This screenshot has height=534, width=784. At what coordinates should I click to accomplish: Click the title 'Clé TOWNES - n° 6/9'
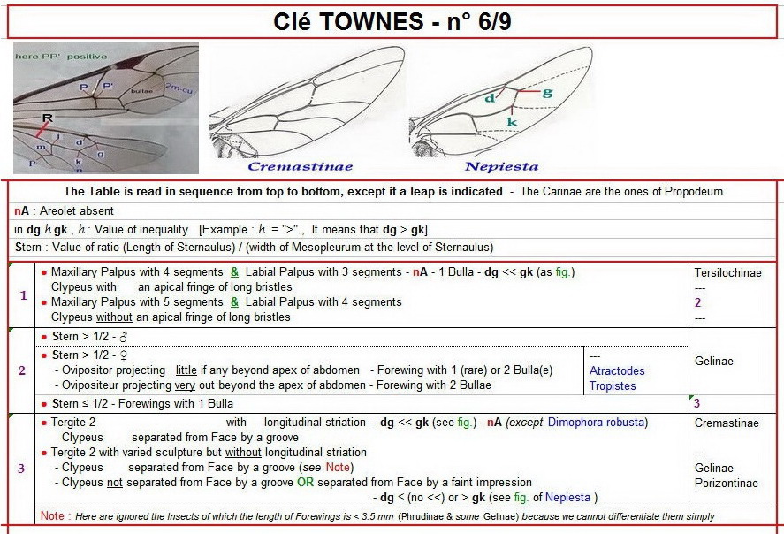[x=392, y=21]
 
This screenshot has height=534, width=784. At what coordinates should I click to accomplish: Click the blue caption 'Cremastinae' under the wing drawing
[x=300, y=166]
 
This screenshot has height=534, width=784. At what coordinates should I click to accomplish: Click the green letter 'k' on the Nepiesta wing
[x=511, y=120]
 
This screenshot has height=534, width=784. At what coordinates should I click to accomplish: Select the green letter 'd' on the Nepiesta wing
[x=489, y=97]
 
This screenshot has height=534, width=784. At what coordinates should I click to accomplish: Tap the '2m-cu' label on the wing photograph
[x=183, y=88]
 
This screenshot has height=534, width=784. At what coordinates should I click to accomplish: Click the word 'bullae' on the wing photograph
[x=142, y=90]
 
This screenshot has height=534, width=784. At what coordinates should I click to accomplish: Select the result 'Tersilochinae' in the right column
[x=727, y=272]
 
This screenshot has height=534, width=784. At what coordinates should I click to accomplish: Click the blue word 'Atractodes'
[x=617, y=371]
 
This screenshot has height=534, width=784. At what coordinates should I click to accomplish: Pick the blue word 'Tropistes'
[x=613, y=386]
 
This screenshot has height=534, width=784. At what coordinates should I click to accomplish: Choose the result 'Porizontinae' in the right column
[x=726, y=483]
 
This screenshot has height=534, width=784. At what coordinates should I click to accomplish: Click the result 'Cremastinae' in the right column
[x=727, y=423]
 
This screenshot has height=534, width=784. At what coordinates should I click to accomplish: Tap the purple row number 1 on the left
[x=23, y=294]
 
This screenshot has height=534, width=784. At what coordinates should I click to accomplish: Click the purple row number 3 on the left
[x=22, y=469]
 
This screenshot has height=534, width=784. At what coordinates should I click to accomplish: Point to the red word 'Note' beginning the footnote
[x=51, y=516]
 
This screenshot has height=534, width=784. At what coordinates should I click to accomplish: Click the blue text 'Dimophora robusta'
[x=597, y=423]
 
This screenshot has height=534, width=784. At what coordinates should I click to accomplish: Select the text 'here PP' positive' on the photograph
[x=61, y=57]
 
